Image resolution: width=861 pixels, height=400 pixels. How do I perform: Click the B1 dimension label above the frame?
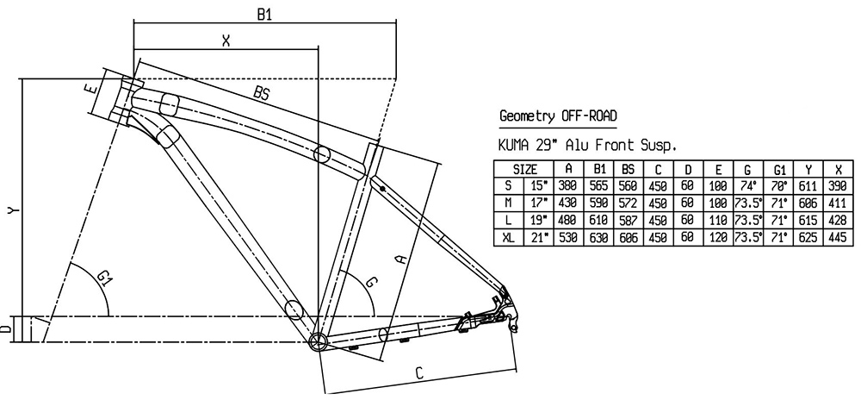pyautogui.click(x=265, y=15)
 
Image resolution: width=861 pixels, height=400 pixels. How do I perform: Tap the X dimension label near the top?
pyautogui.click(x=226, y=40)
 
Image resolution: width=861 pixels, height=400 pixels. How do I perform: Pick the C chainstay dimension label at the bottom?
pyautogui.click(x=418, y=372)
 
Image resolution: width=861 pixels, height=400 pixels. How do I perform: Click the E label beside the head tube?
pyautogui.click(x=89, y=88)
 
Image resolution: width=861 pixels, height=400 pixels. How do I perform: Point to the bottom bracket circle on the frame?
pyautogui.click(x=318, y=341)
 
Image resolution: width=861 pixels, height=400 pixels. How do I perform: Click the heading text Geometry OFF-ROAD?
pyautogui.click(x=558, y=116)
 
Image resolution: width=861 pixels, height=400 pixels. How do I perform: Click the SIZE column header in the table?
pyautogui.click(x=525, y=169)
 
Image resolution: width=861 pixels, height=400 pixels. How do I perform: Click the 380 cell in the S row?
pyautogui.click(x=568, y=185)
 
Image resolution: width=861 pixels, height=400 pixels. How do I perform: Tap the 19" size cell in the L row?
pyautogui.click(x=538, y=220)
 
